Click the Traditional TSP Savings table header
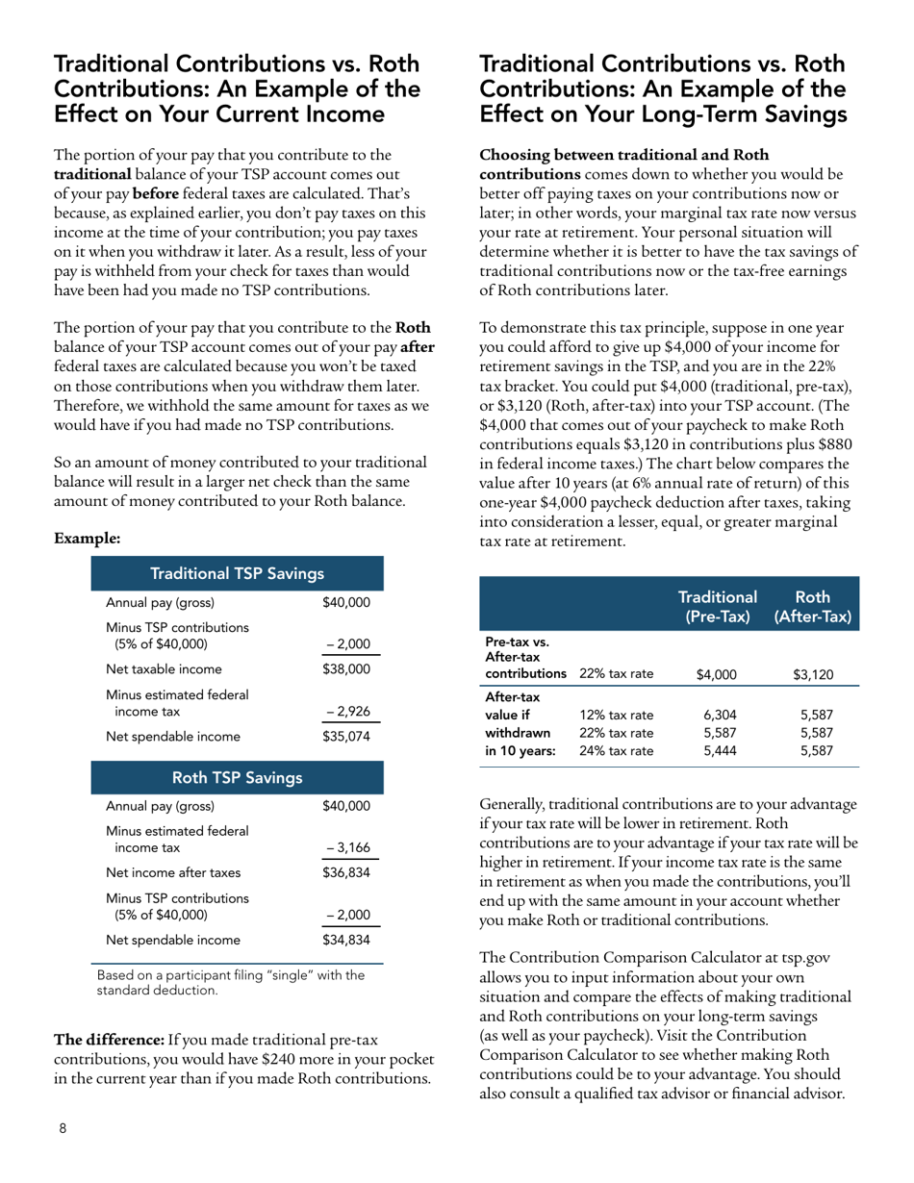[x=237, y=574]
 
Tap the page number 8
[x=63, y=1128]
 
